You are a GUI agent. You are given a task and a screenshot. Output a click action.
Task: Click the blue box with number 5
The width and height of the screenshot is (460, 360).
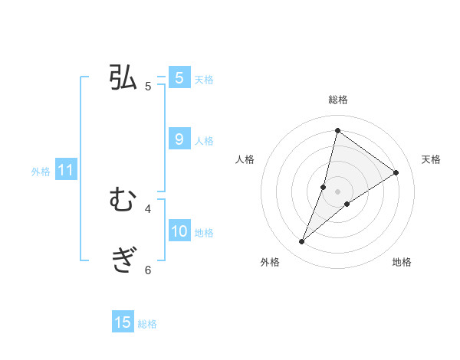coord(179,78)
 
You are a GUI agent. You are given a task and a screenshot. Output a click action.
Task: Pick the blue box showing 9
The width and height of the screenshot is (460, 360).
coord(179,139)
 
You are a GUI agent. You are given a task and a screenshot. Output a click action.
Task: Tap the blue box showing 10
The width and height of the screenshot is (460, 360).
coord(179,231)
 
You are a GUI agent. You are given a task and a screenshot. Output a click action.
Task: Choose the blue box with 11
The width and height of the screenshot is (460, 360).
coord(65,170)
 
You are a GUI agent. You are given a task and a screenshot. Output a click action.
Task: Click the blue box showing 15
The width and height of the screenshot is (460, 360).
coord(123,322)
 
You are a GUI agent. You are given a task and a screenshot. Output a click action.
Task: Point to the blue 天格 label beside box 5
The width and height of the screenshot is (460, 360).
coord(204,79)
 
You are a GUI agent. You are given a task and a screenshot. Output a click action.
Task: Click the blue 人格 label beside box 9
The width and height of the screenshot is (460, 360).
coord(204,140)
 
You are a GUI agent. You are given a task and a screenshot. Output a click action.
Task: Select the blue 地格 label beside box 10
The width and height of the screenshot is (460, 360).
coord(204,232)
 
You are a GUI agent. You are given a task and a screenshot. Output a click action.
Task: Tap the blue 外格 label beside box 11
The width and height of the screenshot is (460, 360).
coord(41,172)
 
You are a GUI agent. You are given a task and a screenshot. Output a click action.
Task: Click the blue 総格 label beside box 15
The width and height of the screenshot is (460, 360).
coord(147,324)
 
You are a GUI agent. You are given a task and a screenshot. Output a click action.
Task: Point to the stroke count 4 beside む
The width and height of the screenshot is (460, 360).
coord(148,208)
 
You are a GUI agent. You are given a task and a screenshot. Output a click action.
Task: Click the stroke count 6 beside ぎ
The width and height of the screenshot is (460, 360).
coord(148,270)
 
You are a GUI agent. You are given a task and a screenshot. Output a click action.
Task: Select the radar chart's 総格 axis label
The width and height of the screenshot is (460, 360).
coord(337,100)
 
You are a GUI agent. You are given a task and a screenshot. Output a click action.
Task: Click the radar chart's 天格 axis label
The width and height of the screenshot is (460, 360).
coord(431,159)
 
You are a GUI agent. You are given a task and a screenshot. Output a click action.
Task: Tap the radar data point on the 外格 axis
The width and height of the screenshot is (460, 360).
coord(302,242)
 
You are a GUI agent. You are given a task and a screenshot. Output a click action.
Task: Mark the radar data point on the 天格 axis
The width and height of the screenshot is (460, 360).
coord(396,172)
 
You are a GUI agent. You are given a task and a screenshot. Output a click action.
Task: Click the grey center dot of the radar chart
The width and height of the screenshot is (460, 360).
coord(337,191)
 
